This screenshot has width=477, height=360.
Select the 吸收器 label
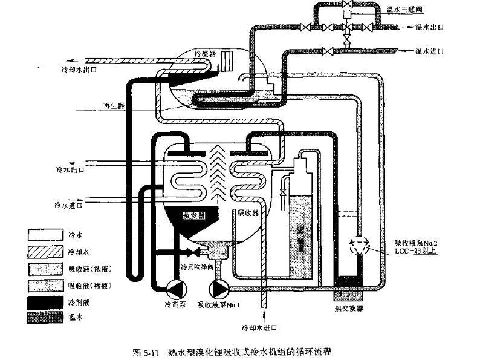(248, 213)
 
